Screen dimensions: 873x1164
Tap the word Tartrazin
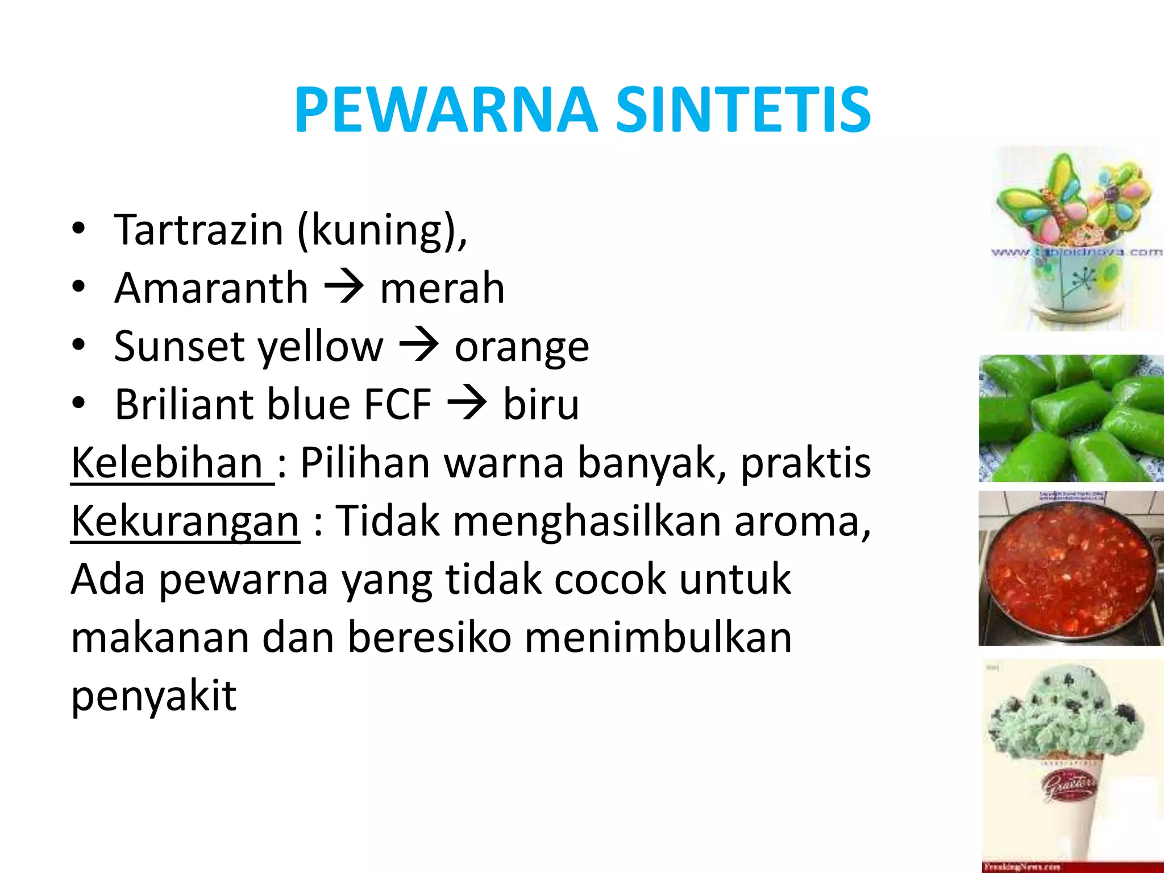click(198, 230)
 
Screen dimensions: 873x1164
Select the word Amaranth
click(211, 288)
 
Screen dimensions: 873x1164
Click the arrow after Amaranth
click(344, 287)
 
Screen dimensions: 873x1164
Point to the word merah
click(442, 288)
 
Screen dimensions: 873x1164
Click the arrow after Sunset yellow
click(419, 345)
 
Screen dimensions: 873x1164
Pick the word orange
click(522, 347)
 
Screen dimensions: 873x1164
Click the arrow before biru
click(467, 403)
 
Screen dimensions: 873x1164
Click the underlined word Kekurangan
click(185, 521)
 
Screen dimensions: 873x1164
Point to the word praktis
click(805, 463)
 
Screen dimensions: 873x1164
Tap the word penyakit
click(153, 696)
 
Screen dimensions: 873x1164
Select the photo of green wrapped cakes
click(1071, 418)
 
